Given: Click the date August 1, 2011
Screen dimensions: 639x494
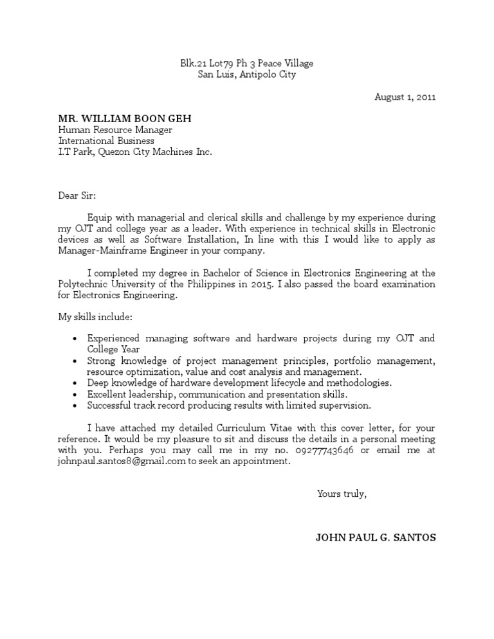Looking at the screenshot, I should point(405,98).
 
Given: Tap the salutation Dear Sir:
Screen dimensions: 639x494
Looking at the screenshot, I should point(77,195).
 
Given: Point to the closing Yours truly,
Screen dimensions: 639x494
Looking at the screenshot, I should point(342,494).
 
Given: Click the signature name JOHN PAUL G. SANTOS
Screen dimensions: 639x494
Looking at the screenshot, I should point(376,537).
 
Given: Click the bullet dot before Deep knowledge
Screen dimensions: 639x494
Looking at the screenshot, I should point(75,383).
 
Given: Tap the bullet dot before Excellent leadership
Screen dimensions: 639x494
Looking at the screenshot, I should point(75,395).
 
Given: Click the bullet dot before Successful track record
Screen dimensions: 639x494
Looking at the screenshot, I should point(75,406).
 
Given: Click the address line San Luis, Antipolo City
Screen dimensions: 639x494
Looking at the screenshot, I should point(247,75).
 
